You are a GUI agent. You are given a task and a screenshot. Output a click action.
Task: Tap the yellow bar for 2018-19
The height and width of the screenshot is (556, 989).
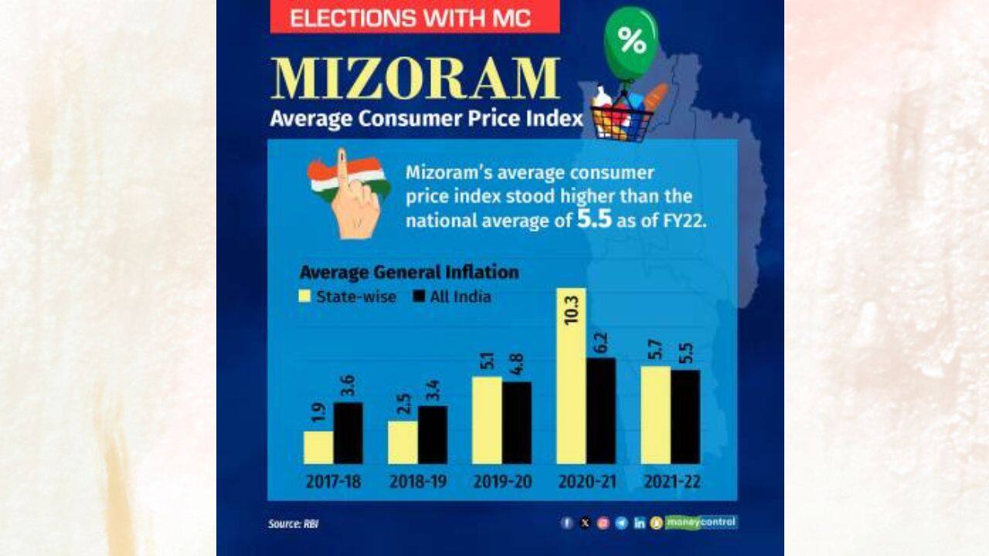click(x=403, y=442)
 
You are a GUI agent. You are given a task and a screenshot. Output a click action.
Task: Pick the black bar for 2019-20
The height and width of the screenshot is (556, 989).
click(x=517, y=422)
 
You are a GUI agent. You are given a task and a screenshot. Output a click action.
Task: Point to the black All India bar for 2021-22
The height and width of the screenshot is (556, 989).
click(x=685, y=416)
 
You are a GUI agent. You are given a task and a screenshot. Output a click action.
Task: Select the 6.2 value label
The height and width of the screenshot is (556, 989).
click(x=602, y=341)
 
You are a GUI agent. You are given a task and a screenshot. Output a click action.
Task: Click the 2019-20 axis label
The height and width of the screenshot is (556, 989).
click(x=502, y=482)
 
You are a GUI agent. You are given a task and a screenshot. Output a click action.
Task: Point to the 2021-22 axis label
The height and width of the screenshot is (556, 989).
click(x=671, y=482)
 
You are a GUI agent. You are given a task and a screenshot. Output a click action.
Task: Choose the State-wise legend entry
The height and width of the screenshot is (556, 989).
click(x=348, y=297)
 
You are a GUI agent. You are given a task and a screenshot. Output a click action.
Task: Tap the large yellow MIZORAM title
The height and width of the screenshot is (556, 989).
click(x=416, y=79)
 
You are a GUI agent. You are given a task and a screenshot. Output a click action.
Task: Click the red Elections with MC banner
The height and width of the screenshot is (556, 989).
click(x=414, y=17)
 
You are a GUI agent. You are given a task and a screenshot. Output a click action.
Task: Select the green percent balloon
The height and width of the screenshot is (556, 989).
click(x=631, y=42)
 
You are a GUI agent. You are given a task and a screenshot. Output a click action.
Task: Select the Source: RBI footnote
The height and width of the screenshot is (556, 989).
click(x=293, y=524)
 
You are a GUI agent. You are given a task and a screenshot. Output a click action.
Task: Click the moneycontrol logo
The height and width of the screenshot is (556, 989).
click(x=701, y=522)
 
